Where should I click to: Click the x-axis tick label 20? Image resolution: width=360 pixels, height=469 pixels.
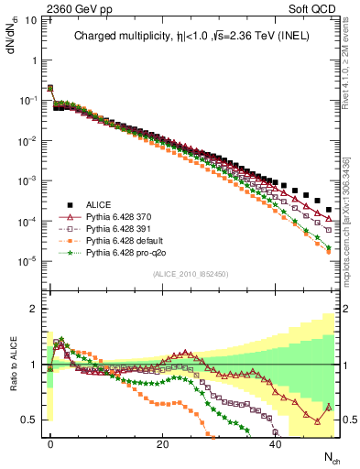(163, 443)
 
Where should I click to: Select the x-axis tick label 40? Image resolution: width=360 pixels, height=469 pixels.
(276, 443)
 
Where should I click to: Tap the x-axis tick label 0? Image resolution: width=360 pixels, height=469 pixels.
(50, 443)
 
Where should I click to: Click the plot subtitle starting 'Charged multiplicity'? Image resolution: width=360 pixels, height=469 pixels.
(191, 38)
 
